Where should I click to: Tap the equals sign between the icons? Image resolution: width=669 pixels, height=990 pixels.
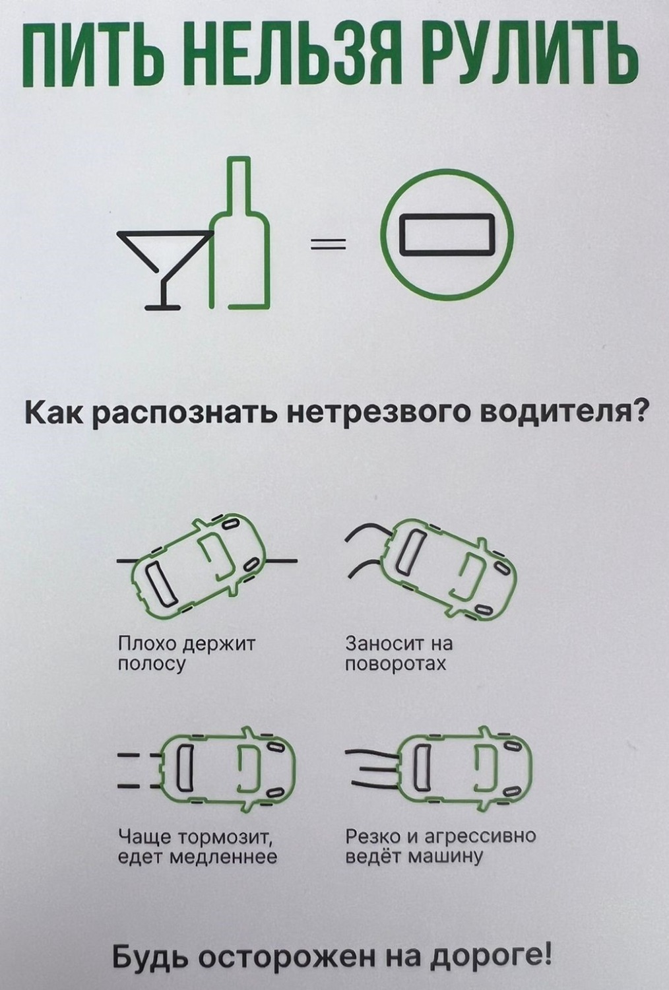(x=328, y=244)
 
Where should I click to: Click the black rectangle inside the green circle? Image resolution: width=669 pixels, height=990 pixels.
(x=447, y=234)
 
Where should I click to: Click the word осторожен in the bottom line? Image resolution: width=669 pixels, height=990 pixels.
(x=290, y=958)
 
